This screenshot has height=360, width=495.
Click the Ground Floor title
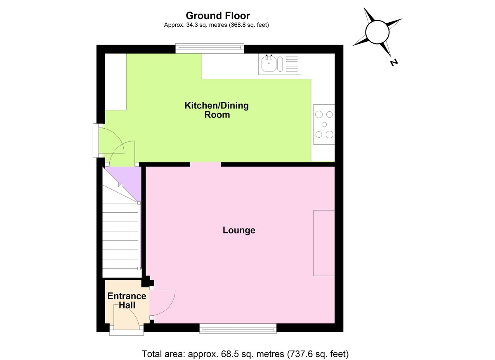tap(217, 16)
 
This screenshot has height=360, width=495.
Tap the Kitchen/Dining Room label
tap(217, 110)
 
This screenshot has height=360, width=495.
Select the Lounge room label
tap(239, 230)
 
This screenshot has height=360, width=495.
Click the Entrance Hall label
tap(127, 301)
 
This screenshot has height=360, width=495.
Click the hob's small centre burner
tap(324, 125)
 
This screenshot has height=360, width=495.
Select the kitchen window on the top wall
tap(210, 49)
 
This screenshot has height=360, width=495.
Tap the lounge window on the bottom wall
tap(238, 328)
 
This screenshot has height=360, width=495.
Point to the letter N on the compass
tap(394, 63)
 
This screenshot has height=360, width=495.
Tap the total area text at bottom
tap(245, 354)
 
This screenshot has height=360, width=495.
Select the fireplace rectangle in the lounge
tap(324, 243)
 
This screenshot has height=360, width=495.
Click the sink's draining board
tap(292, 64)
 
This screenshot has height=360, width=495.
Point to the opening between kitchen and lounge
tap(205, 164)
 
